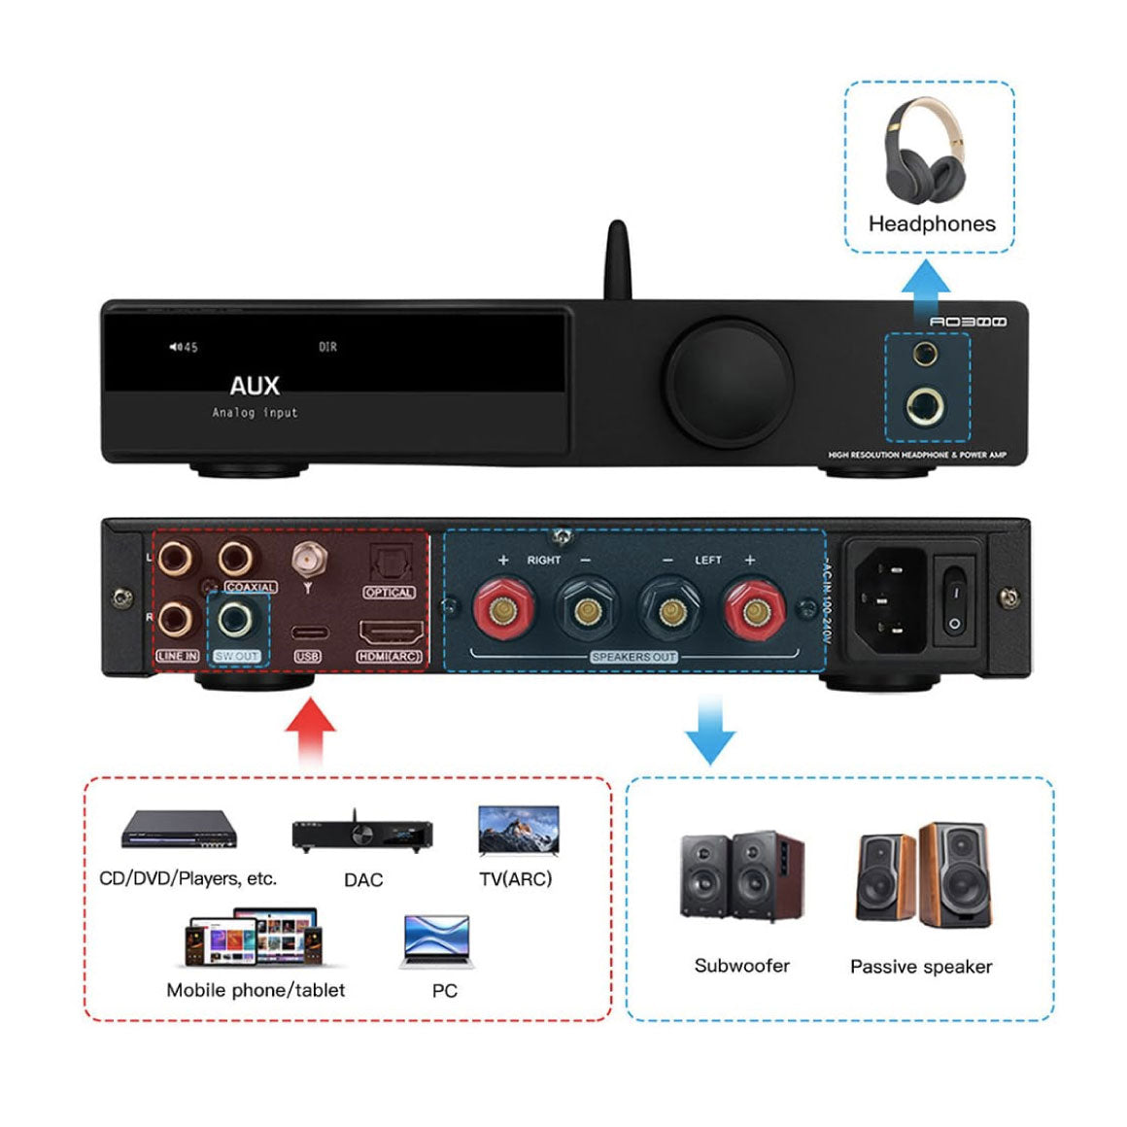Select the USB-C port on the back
307,632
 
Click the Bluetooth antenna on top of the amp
618,259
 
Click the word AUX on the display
255,386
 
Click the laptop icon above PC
435,940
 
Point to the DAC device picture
361,835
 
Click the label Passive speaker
921,967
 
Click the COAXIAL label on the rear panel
251,588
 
